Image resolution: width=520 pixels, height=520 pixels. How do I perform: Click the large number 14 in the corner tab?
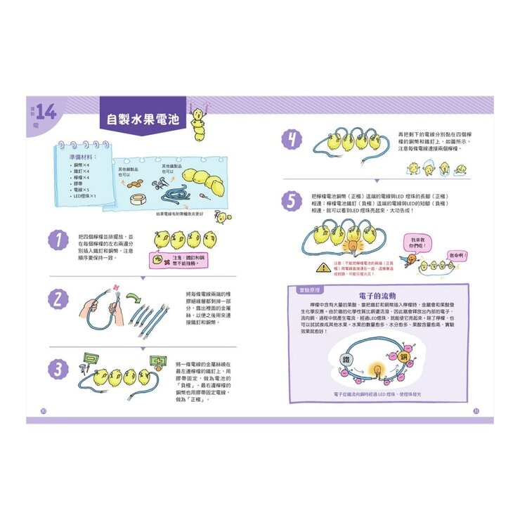(x=46, y=112)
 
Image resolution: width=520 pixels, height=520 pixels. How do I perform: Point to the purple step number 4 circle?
(x=290, y=140)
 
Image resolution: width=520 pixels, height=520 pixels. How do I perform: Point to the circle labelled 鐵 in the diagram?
(x=345, y=359)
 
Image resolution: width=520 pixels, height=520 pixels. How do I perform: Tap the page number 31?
(x=476, y=410)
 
